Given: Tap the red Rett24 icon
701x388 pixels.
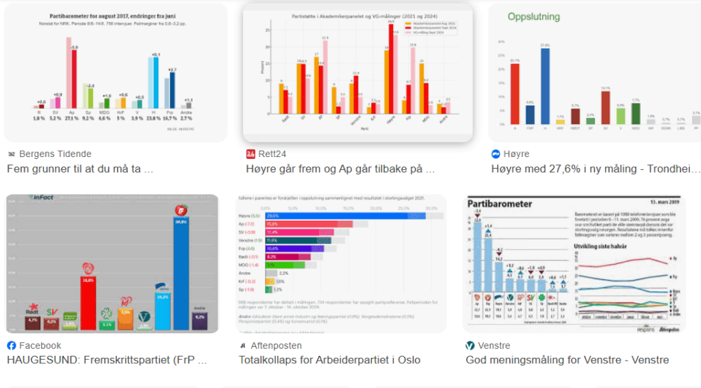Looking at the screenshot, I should point(251,154).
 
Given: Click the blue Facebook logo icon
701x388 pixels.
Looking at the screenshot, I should point(11,345).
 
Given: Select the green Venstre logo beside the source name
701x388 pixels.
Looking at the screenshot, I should point(470,345).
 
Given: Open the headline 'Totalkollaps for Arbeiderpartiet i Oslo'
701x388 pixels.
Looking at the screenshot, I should point(329,360).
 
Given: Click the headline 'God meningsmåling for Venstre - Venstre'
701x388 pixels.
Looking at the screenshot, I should point(567,360).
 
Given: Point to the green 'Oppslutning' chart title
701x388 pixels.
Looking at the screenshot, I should point(533,17).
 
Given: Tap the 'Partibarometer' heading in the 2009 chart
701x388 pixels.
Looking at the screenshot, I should point(500,204).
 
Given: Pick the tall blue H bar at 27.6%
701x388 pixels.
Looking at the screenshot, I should point(545,86).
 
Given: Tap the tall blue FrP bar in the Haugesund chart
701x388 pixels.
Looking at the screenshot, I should point(181,274).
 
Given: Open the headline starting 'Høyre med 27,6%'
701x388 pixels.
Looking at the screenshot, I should point(595,169).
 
